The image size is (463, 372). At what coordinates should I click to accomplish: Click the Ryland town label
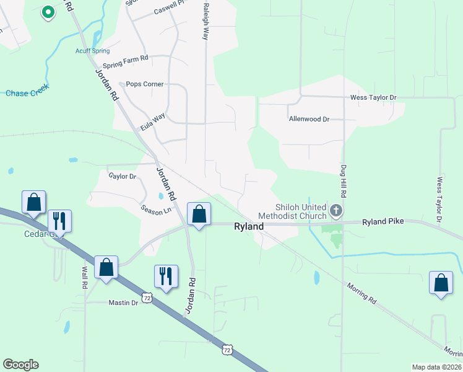[249, 227]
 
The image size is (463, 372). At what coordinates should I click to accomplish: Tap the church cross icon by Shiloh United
[336, 211]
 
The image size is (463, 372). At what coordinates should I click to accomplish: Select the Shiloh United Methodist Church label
[301, 211]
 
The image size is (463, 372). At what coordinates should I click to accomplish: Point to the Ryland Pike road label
[383, 221]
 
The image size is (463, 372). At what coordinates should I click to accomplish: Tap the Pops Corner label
[145, 84]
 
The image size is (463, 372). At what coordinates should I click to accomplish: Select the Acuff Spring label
[92, 51]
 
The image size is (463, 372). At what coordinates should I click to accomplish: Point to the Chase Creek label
[27, 92]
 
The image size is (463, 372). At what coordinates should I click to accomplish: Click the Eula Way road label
[152, 122]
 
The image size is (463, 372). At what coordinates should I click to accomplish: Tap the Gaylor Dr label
[122, 177]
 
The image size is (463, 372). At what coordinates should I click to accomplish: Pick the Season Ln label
[156, 210]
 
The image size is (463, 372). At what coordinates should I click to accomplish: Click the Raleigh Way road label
[205, 20]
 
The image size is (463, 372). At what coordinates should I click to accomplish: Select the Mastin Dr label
[123, 303]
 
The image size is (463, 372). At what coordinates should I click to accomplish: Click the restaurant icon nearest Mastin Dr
[166, 276]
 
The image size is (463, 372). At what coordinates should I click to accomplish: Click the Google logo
[20, 365]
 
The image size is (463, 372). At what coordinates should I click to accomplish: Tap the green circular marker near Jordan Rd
[48, 12]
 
